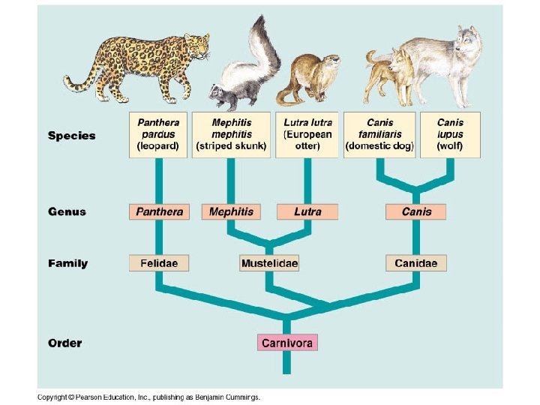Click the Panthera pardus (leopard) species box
coord(158,135)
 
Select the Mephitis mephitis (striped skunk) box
coord(231,135)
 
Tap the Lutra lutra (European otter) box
coord(307,135)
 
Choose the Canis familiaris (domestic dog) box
coord(379,135)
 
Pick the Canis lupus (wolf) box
coord(450,135)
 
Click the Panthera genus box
coord(159,211)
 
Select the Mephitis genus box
coord(231,211)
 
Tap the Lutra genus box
coord(307,211)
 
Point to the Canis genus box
coord(416,211)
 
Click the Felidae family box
coord(159,263)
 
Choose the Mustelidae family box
coord(269,263)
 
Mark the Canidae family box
coord(416,263)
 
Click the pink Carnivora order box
coord(288,343)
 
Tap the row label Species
coord(72,136)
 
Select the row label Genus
coord(67,211)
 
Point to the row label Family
coord(68,263)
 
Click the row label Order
coord(65,343)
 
